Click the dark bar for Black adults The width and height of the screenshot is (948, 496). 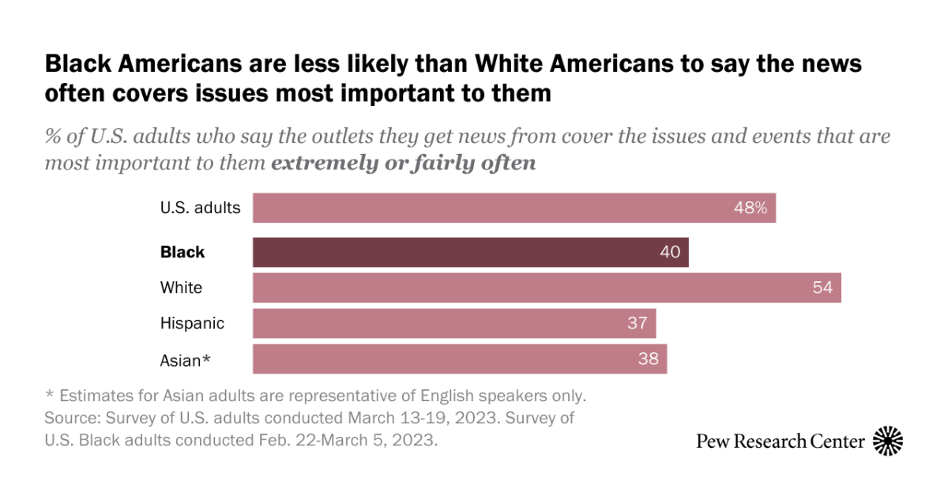tap(470, 253)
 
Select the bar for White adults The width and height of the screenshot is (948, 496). tap(547, 287)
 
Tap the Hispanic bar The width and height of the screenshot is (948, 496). tap(454, 323)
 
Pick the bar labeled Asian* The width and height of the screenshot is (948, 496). tap(460, 359)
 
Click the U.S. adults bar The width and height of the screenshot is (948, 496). tap(513, 209)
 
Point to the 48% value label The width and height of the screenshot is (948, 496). tap(750, 209)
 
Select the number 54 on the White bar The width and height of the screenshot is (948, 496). tap(822, 287)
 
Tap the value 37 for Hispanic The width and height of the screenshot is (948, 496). tap(638, 323)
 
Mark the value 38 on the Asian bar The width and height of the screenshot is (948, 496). tap(649, 359)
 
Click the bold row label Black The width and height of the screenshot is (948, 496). tap(182, 253)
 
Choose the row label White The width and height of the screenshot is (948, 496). tap(181, 287)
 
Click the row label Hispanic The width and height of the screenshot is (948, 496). tap(192, 323)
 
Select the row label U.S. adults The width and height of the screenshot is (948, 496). tap(200, 209)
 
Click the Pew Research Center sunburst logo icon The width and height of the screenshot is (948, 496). tap(888, 440)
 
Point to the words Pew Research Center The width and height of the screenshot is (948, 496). tap(780, 441)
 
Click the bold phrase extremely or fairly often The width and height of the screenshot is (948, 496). tap(404, 163)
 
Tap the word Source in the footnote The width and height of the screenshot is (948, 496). tap(69, 417)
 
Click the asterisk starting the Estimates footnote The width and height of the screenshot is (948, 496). tap(49, 393)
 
